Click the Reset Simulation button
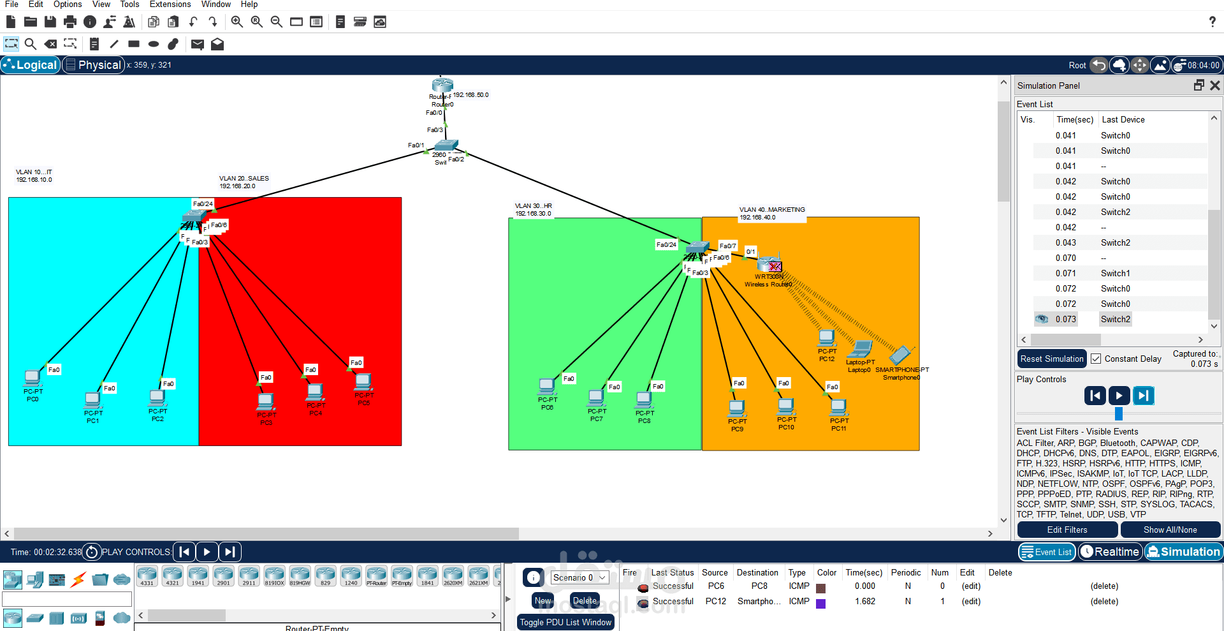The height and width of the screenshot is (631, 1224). [1051, 359]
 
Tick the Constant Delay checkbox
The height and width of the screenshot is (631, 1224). [1096, 359]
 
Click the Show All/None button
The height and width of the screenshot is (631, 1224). [1170, 530]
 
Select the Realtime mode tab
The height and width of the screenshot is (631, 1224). [1110, 552]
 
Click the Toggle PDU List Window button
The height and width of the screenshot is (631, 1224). [565, 622]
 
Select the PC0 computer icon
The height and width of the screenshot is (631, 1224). [33, 378]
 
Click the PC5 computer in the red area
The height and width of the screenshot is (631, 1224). [363, 382]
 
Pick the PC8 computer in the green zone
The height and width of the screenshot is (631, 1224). [644, 400]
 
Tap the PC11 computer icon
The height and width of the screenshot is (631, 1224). [838, 407]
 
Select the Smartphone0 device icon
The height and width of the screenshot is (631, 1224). [901, 355]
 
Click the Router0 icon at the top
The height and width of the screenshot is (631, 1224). [442, 85]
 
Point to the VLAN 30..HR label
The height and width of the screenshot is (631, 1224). [534, 206]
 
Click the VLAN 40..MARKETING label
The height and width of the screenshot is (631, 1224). [772, 210]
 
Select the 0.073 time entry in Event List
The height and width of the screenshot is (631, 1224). [1065, 320]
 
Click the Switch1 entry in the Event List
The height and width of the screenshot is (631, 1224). [1115, 274]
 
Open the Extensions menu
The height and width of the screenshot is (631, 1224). [170, 4]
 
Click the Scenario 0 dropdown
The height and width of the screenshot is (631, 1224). [579, 577]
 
